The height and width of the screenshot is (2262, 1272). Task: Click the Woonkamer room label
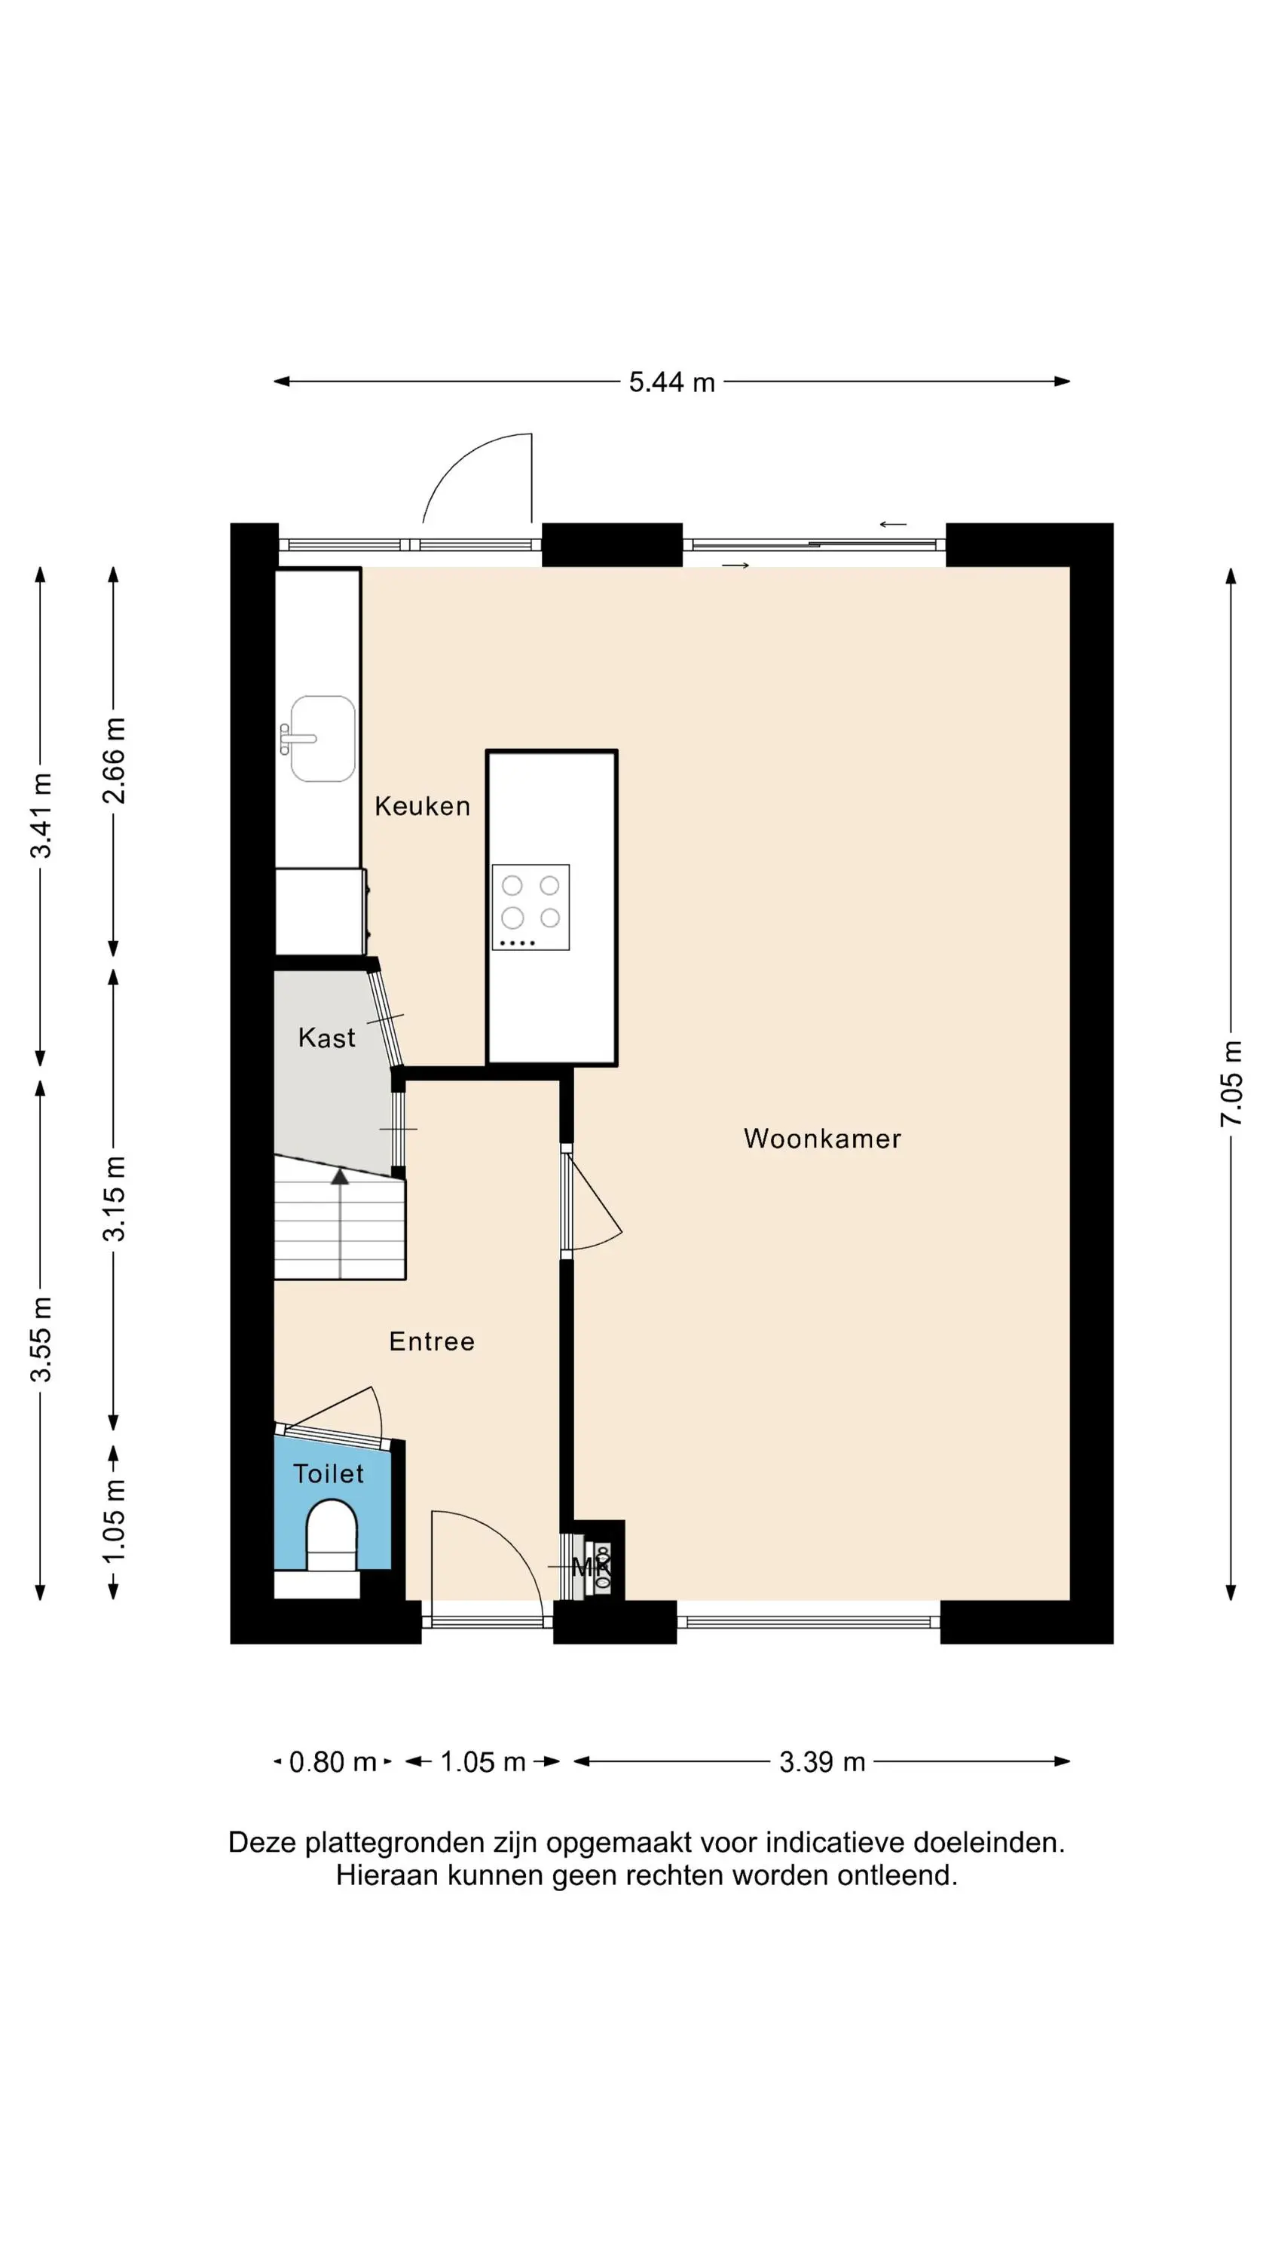coord(821,1139)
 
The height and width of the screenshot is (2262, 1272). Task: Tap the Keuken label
coord(422,806)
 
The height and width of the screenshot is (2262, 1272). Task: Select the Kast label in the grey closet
coord(326,1038)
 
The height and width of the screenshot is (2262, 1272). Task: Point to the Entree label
coord(432,1342)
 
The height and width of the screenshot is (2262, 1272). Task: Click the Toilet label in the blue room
coord(329,1473)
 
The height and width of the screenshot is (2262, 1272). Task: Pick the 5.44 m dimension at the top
coord(671,382)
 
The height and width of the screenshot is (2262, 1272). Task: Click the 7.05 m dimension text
coord(1231,1083)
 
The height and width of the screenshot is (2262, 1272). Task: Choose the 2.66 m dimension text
coord(114,761)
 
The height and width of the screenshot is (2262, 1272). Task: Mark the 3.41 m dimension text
coord(41,816)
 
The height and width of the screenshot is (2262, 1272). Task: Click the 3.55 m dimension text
coord(41,1339)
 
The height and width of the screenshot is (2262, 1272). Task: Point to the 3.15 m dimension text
coord(114,1199)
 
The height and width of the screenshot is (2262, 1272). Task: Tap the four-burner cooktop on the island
coord(531,907)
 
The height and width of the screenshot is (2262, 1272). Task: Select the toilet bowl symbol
coord(331,1536)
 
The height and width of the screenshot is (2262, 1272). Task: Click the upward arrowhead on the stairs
coord(340,1175)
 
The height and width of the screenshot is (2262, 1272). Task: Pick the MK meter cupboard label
coord(590,1567)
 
